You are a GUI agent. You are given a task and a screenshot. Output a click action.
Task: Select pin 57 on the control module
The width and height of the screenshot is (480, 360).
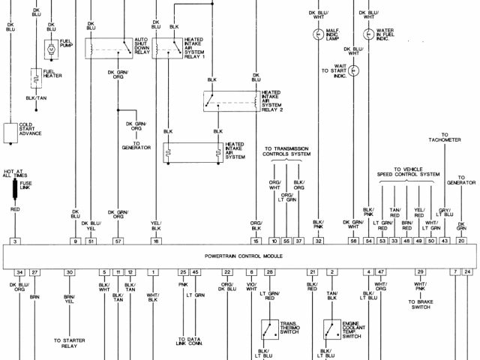point(118,241)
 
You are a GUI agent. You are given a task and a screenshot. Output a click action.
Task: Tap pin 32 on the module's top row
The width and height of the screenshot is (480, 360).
point(318,241)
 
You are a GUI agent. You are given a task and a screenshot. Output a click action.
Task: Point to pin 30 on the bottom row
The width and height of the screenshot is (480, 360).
point(68,272)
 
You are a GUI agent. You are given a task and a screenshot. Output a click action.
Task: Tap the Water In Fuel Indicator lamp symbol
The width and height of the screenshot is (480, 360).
point(369,34)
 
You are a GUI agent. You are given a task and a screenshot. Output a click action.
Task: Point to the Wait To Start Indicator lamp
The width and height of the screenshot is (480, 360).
point(355,70)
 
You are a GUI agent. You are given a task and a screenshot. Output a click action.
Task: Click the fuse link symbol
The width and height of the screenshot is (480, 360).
point(14,187)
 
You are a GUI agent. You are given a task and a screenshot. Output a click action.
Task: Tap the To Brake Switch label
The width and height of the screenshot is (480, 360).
point(421,304)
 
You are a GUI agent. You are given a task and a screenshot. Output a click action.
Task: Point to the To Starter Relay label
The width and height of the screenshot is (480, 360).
point(68,343)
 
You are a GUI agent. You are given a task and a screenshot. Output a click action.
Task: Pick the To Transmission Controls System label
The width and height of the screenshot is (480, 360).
point(286,152)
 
